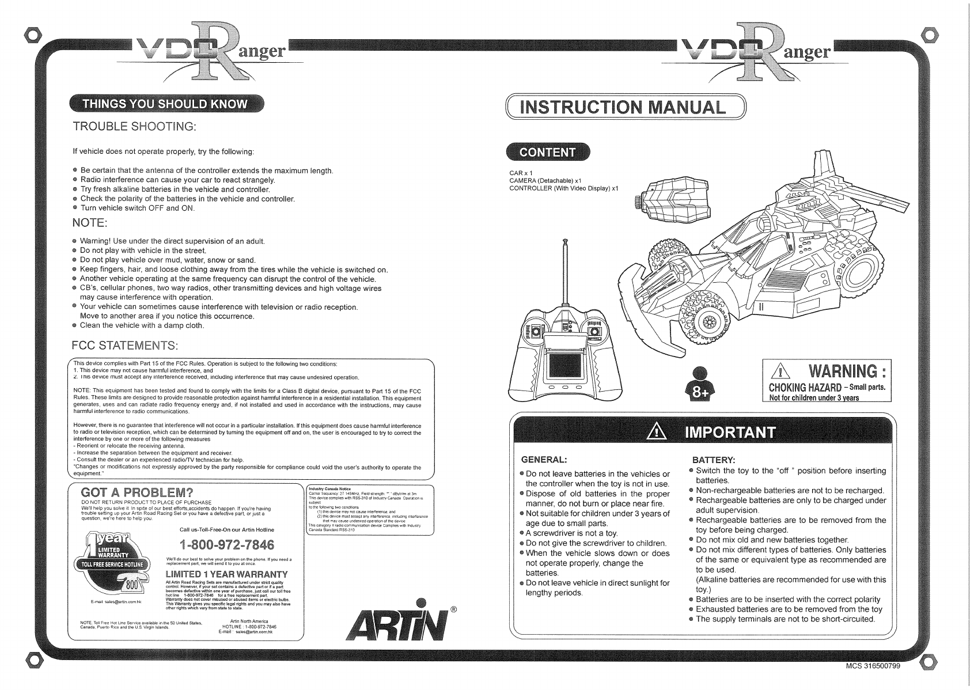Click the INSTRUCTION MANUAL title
622,108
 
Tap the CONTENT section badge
547,152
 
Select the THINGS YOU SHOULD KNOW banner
165,104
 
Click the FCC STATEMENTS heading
125,346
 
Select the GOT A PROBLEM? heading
137,493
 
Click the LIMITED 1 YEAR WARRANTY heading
226,574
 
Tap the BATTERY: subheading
713,460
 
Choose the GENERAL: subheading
544,460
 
